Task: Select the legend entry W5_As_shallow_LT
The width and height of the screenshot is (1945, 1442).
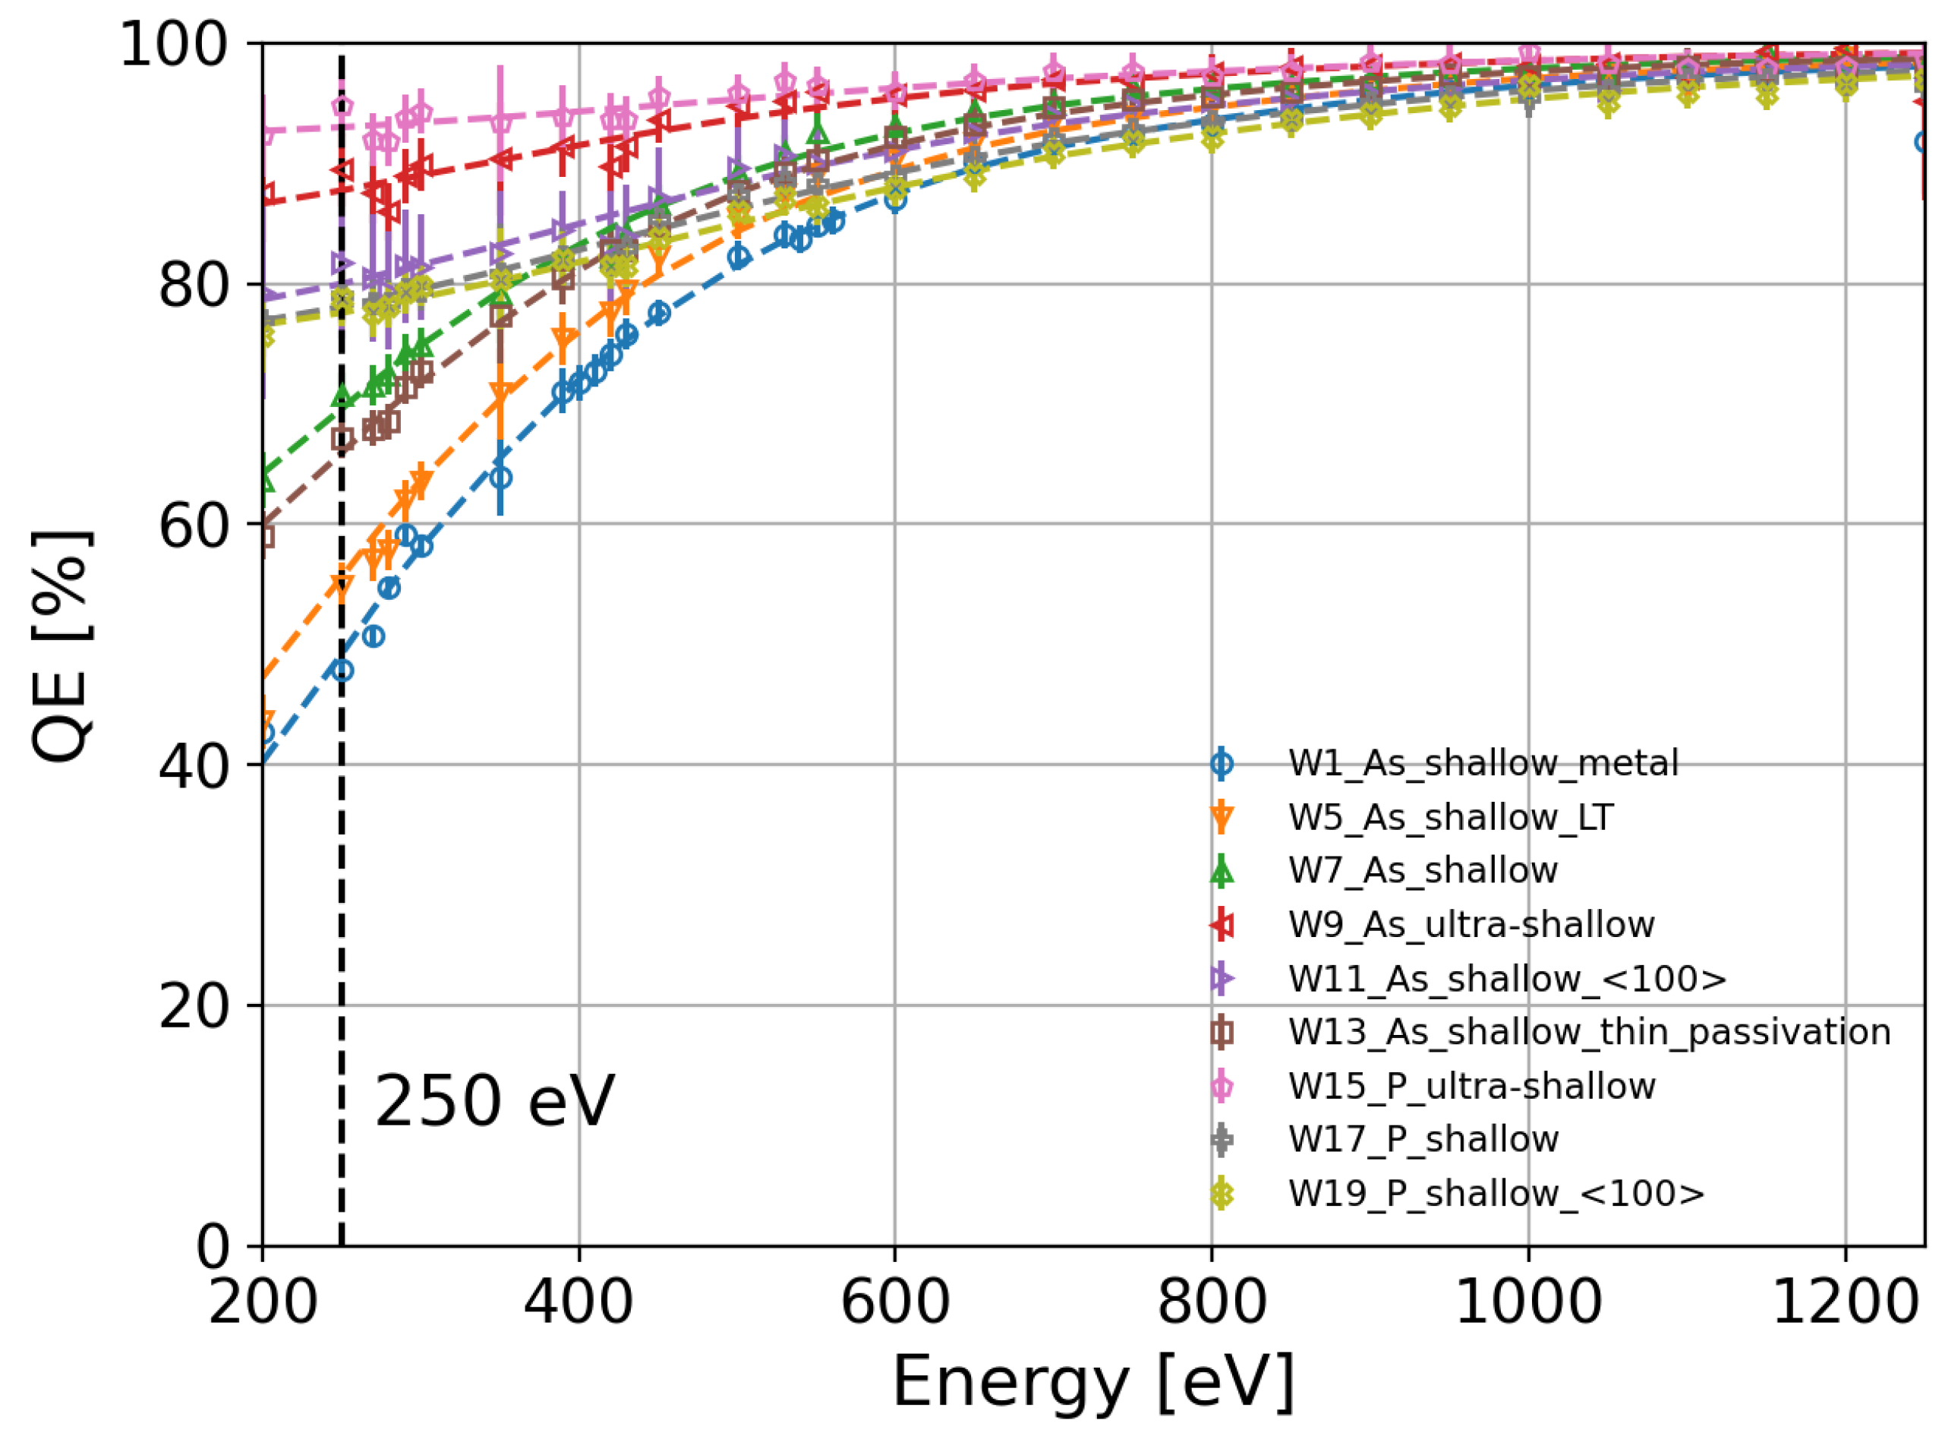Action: tap(1449, 818)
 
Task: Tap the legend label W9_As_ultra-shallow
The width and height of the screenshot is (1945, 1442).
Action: tap(1471, 924)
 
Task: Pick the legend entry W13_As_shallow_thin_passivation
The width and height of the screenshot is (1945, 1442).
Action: tap(1588, 1032)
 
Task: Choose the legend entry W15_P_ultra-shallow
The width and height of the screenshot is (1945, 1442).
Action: tap(1471, 1086)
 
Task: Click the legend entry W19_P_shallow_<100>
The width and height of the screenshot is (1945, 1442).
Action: tap(1496, 1193)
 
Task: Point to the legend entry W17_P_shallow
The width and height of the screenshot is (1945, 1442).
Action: tap(1423, 1139)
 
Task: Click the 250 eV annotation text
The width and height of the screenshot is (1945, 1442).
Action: tap(495, 1103)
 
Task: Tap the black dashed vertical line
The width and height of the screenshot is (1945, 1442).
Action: tap(341, 873)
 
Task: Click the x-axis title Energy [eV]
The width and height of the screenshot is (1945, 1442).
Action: tap(1093, 1382)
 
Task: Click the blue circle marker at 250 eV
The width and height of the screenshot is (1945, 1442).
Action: tap(343, 671)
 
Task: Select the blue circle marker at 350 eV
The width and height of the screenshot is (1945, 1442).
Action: tap(501, 478)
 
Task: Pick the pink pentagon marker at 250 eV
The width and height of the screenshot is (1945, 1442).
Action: tap(342, 106)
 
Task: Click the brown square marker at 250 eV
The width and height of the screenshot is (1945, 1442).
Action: tap(343, 439)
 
